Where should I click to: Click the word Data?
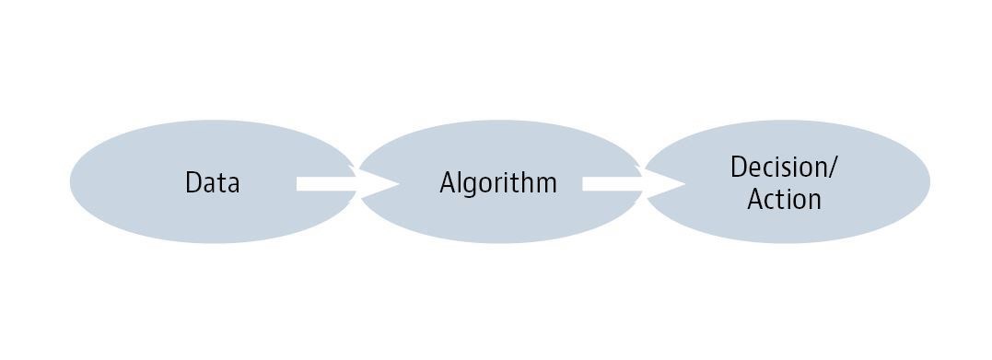pos(212,182)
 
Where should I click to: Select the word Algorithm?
pos(498,182)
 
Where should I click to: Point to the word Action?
pos(784,199)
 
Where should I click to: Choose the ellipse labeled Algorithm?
pos(498,221)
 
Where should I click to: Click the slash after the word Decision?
pos(834,168)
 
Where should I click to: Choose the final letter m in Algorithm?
pos(547,183)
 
